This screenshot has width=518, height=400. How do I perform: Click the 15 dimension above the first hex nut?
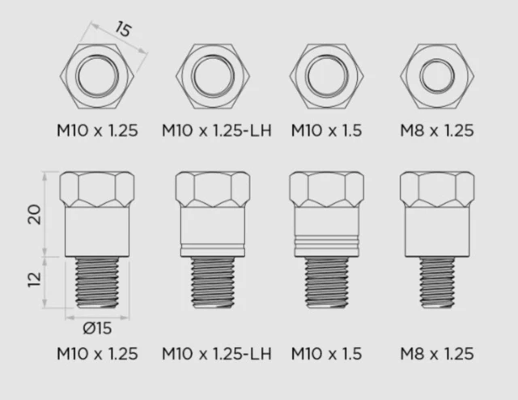click(x=122, y=30)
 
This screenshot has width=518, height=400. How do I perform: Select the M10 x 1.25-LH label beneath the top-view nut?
click(x=215, y=130)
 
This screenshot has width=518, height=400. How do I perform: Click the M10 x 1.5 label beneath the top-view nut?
click(x=326, y=130)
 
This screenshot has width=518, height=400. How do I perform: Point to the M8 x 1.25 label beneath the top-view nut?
click(x=438, y=130)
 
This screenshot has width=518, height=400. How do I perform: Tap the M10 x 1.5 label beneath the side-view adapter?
click(x=326, y=354)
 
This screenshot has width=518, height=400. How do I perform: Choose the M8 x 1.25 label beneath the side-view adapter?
click(x=438, y=354)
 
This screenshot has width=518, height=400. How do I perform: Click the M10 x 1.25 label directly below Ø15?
click(x=97, y=354)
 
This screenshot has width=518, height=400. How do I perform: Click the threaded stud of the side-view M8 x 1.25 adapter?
click(x=438, y=284)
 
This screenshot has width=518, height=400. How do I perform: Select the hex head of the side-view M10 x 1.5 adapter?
click(x=326, y=191)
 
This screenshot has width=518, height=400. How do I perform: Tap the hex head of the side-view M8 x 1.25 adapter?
click(x=438, y=191)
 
